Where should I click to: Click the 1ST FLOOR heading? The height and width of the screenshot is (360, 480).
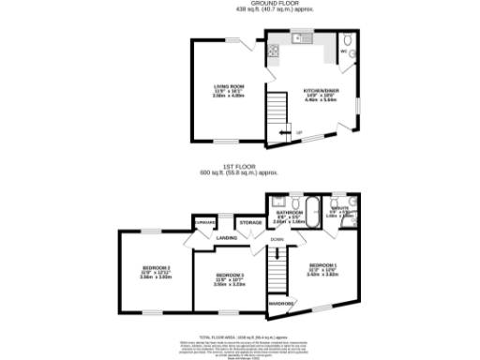click(x=239, y=169)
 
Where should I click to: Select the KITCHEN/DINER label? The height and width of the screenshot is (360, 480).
click(x=320, y=91)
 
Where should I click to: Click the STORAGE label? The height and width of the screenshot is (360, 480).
click(x=250, y=222)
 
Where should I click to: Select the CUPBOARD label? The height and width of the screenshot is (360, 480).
click(x=205, y=222)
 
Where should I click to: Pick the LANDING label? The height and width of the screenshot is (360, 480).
click(x=227, y=238)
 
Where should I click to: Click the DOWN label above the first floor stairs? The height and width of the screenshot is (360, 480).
click(x=277, y=240)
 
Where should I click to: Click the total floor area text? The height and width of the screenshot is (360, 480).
click(x=239, y=335)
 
